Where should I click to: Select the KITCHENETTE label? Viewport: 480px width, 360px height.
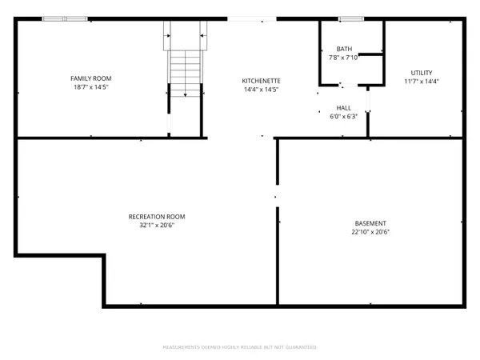click(261, 81)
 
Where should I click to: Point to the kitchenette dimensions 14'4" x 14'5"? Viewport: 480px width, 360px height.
click(261, 90)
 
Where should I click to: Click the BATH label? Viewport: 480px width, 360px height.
click(344, 48)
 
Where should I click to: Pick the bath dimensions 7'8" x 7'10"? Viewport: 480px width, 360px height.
click(344, 58)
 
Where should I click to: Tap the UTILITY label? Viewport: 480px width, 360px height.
click(422, 72)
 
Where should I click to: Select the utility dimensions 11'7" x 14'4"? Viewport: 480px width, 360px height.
click(422, 82)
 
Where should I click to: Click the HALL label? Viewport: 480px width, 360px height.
click(343, 107)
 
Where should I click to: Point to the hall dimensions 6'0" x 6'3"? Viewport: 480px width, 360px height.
click(343, 117)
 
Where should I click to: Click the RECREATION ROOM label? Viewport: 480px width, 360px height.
click(157, 216)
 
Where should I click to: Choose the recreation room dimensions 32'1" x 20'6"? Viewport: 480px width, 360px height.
click(157, 226)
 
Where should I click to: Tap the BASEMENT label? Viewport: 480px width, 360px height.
click(370, 222)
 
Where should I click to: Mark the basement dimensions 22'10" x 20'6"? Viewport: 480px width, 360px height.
click(370, 232)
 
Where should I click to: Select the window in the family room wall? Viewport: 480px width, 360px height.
click(66, 18)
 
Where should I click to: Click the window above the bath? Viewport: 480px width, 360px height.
click(350, 18)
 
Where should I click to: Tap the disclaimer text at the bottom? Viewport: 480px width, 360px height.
click(240, 347)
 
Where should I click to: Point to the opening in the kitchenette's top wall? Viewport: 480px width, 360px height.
click(252, 18)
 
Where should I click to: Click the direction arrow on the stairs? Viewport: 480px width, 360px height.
click(185, 92)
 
